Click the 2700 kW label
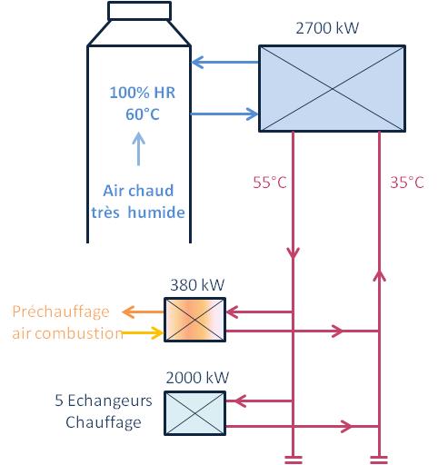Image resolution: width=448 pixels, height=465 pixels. pyautogui.click(x=327, y=28)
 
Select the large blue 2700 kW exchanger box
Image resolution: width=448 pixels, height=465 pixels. pyautogui.click(x=333, y=88)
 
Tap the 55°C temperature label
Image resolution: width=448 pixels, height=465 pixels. pyautogui.click(x=270, y=183)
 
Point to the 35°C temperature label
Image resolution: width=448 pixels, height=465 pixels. pyautogui.click(x=407, y=183)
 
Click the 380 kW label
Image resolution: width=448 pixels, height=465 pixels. pyautogui.click(x=197, y=285)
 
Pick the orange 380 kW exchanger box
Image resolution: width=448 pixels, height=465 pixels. pyautogui.click(x=194, y=320)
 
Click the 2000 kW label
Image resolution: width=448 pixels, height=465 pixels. pyautogui.click(x=197, y=378)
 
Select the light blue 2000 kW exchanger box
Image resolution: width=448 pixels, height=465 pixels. pyautogui.click(x=194, y=413)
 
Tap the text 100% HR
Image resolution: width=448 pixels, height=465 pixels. pyautogui.click(x=143, y=93)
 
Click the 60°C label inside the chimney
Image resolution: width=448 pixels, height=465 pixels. pyautogui.click(x=143, y=114)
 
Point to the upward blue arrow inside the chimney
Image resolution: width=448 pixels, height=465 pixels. pyautogui.click(x=139, y=149)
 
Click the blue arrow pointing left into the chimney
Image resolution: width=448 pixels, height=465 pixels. pyautogui.click(x=225, y=63)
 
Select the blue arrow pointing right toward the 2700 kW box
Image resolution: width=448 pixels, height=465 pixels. pyautogui.click(x=224, y=114)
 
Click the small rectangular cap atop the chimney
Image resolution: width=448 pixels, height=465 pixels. pyautogui.click(x=139, y=11)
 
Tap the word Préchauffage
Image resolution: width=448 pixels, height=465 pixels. pyautogui.click(x=61, y=312)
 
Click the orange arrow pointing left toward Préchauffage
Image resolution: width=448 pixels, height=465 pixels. pyautogui.click(x=143, y=312)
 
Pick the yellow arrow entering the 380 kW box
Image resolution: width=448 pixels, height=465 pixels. pyautogui.click(x=143, y=332)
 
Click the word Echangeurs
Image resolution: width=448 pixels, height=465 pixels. pyautogui.click(x=110, y=401)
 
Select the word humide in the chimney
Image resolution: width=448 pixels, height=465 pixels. pyautogui.click(x=156, y=212)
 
